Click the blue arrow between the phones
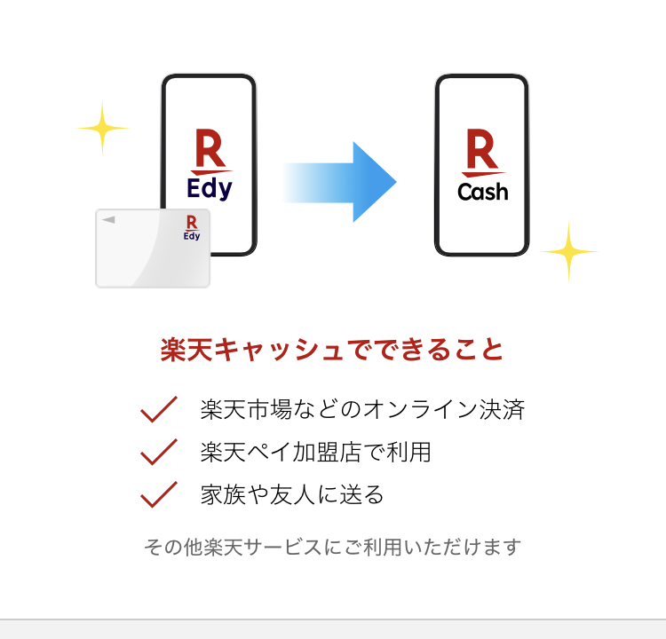(342, 182)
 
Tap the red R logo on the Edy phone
(210, 151)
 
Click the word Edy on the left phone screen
(210, 188)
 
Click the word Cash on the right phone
(483, 191)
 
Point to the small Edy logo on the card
(191, 227)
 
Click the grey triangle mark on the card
(108, 219)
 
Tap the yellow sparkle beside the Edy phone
(102, 128)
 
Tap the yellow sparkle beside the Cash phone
(568, 252)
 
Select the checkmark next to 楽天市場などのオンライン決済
(159, 410)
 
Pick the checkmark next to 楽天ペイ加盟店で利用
(159, 452)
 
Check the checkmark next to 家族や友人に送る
(159, 494)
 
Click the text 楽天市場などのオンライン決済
(362, 410)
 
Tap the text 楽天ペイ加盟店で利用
(315, 452)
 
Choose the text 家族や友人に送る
(292, 494)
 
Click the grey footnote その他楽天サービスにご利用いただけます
(332, 547)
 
